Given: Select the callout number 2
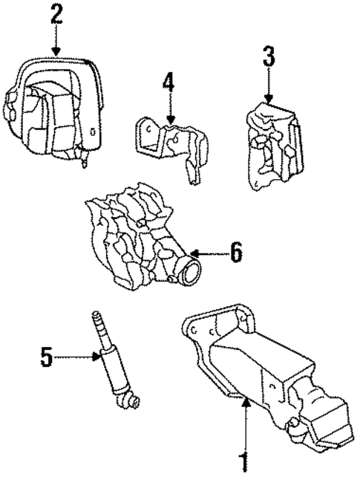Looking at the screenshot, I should pyautogui.click(x=56, y=15).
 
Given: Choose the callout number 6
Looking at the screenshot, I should pyautogui.click(x=235, y=253).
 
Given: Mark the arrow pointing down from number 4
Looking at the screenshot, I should pyautogui.click(x=169, y=108).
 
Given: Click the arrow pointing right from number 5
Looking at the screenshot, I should pyautogui.click(x=78, y=357).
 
